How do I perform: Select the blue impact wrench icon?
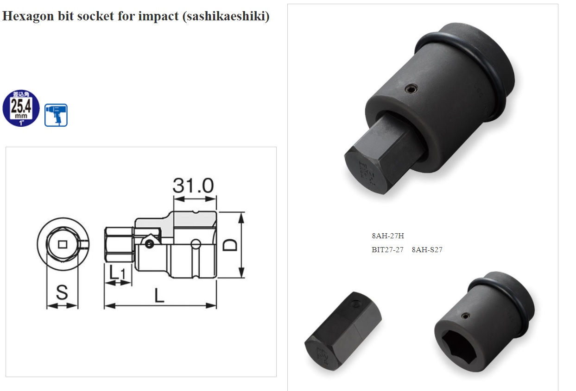[x=56, y=115]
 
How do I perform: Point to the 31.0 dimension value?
[x=193, y=186]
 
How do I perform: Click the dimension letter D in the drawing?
[x=230, y=244]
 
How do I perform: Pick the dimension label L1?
[x=117, y=273]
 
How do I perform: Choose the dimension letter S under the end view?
[x=62, y=292]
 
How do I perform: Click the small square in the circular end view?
[x=62, y=243]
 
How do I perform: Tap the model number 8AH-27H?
[x=388, y=236]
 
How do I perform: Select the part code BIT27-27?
[x=387, y=250]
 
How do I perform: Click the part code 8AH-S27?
[x=427, y=250]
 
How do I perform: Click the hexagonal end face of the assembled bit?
[x=368, y=169]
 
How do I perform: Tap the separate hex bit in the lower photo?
[x=342, y=330]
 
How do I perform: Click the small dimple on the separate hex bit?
[x=355, y=304]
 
